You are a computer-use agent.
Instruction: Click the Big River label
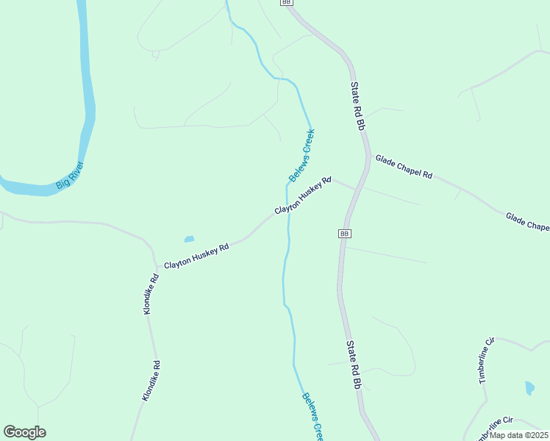[x=71, y=176]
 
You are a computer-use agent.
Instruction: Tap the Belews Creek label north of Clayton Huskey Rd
[x=301, y=155]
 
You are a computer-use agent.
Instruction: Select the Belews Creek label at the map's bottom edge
[x=312, y=417]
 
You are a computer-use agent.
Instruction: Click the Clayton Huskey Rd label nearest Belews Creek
[x=303, y=196]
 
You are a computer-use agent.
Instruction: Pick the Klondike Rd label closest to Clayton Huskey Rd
[x=151, y=295]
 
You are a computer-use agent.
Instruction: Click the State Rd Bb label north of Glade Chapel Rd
[x=358, y=107]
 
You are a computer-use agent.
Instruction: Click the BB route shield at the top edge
[x=286, y=3]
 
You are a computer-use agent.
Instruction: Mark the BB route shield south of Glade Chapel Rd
[x=344, y=233]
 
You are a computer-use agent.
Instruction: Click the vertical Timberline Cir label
[x=486, y=360]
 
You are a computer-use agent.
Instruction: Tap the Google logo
[x=24, y=432]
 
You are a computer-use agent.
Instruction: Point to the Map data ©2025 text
[x=518, y=435]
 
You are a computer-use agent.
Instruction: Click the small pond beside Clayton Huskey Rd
[x=189, y=239]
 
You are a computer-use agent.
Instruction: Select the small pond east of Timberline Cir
[x=529, y=387]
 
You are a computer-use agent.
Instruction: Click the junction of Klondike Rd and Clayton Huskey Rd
[x=157, y=265]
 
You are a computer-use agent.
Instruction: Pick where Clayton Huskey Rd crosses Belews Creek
[x=287, y=212]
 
